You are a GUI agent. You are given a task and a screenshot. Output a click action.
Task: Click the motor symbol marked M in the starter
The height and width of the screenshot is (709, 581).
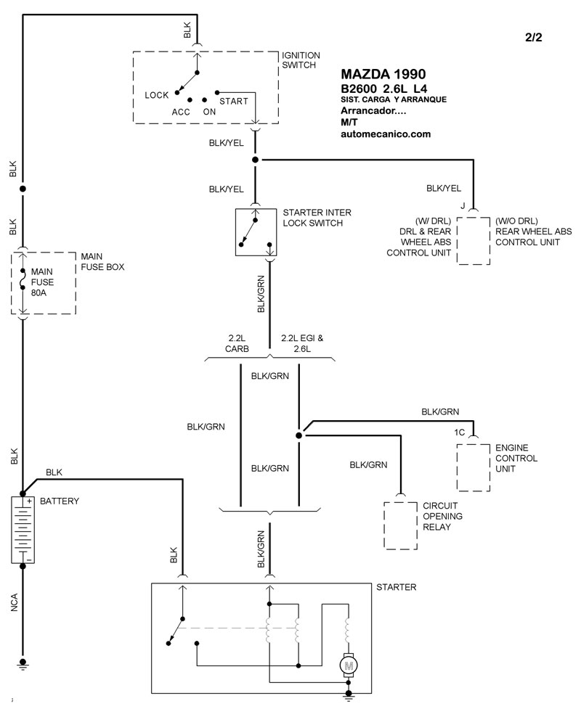tap(349, 665)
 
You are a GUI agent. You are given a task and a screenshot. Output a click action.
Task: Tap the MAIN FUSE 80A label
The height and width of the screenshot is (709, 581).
tap(42, 282)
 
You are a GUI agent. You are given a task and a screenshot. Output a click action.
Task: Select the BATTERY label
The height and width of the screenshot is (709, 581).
tap(60, 501)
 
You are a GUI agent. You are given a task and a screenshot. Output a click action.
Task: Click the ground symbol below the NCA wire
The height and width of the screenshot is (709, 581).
tap(23, 664)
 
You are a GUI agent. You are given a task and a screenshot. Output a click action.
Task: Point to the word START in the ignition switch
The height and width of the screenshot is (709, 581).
tap(234, 102)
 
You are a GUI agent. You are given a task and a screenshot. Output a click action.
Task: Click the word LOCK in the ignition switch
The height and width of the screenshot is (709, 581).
tap(157, 95)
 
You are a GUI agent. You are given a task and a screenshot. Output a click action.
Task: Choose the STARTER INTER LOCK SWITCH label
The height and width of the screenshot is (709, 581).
tap(317, 218)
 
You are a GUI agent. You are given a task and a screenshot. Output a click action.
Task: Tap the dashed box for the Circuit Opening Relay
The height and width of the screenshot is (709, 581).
tap(400, 525)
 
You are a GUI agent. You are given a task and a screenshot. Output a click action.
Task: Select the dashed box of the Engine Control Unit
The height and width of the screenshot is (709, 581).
tap(474, 467)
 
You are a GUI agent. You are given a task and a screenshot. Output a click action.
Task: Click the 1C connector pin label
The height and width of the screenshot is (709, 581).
tap(459, 433)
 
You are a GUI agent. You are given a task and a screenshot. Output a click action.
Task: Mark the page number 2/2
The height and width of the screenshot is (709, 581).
tap(534, 37)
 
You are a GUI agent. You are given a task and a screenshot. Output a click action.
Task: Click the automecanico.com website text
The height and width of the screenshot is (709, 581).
tap(386, 134)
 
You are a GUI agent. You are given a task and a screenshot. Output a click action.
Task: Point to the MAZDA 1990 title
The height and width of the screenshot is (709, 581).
tap(383, 74)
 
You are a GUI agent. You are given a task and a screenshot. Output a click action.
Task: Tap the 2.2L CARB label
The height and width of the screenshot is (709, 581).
tap(237, 344)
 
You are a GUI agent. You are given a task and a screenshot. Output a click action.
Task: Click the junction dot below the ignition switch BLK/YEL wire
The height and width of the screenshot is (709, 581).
tap(255, 160)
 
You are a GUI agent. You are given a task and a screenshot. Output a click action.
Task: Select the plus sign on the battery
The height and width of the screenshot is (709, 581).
tap(29, 501)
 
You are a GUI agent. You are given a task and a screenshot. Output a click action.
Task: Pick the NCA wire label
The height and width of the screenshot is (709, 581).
tap(14, 603)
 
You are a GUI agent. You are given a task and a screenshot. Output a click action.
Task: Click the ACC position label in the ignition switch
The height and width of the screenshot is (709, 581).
tap(181, 112)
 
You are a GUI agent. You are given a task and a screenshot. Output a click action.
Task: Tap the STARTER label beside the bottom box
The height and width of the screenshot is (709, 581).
tap(396, 587)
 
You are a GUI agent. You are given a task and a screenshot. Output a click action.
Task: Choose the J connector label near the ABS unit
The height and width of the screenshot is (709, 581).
tap(463, 206)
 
